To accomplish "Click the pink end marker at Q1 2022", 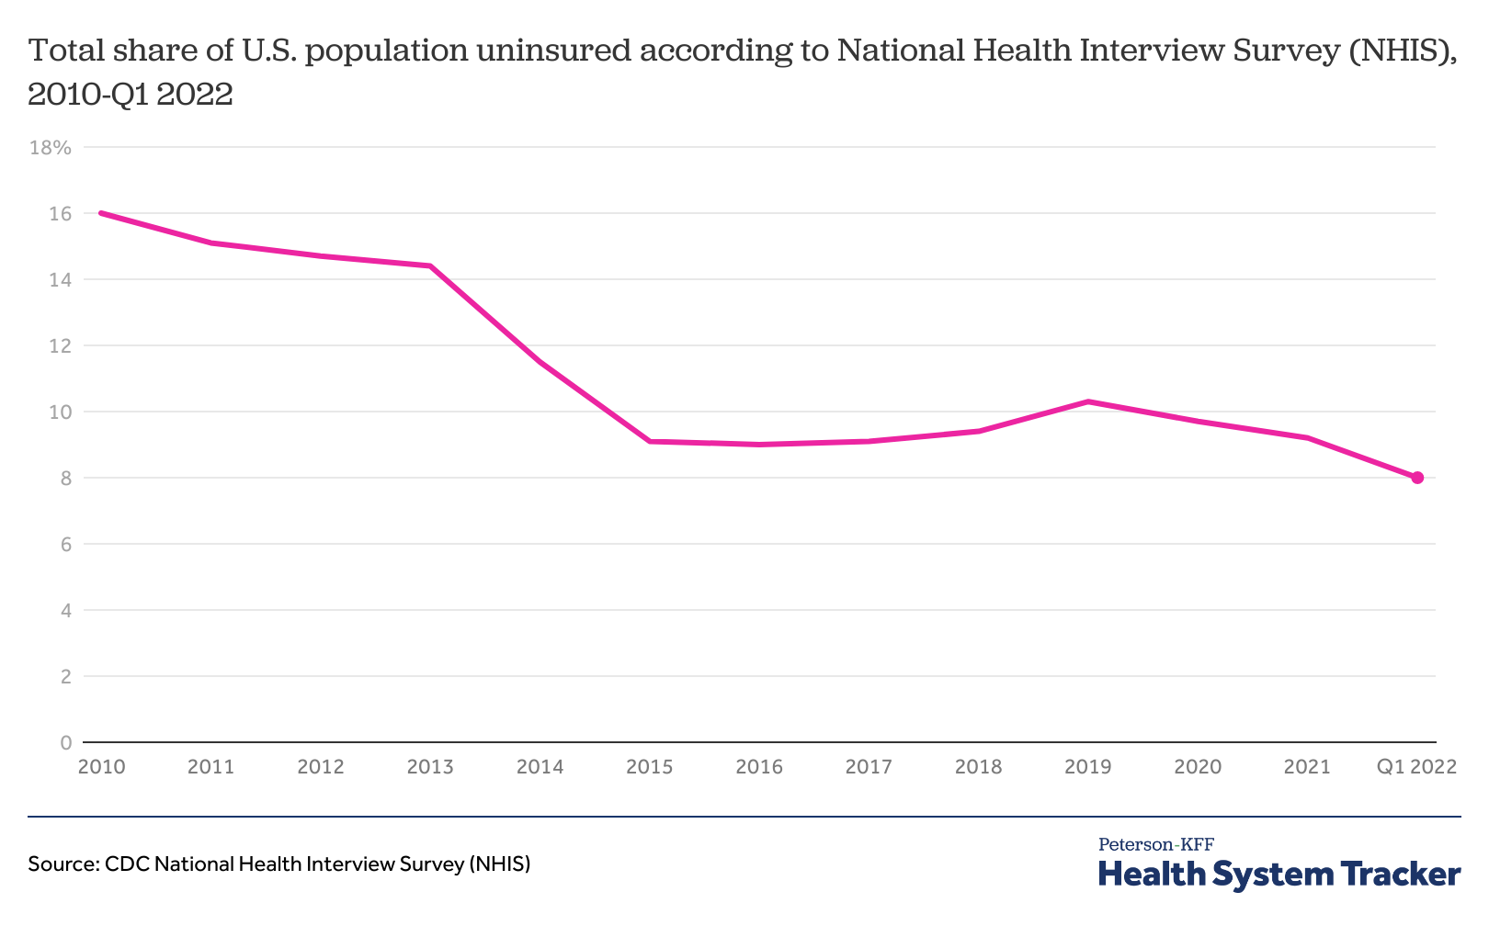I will [x=1417, y=478].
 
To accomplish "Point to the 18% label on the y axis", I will [x=51, y=147].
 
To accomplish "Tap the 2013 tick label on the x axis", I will [x=430, y=767].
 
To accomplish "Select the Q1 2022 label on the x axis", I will [x=1416, y=767].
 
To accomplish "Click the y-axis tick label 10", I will [x=60, y=412].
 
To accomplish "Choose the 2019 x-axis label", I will [x=1088, y=767].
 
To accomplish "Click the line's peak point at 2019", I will [x=1088, y=401].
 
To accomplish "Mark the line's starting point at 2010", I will [x=101, y=213].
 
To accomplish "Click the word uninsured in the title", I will [x=554, y=51].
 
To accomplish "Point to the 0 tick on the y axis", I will [x=65, y=742].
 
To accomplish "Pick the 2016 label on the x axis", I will [x=759, y=767].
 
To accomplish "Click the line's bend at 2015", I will [x=650, y=441].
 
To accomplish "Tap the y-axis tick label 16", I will [x=60, y=213].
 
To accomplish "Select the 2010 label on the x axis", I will [x=101, y=767].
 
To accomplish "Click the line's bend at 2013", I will [x=430, y=266].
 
